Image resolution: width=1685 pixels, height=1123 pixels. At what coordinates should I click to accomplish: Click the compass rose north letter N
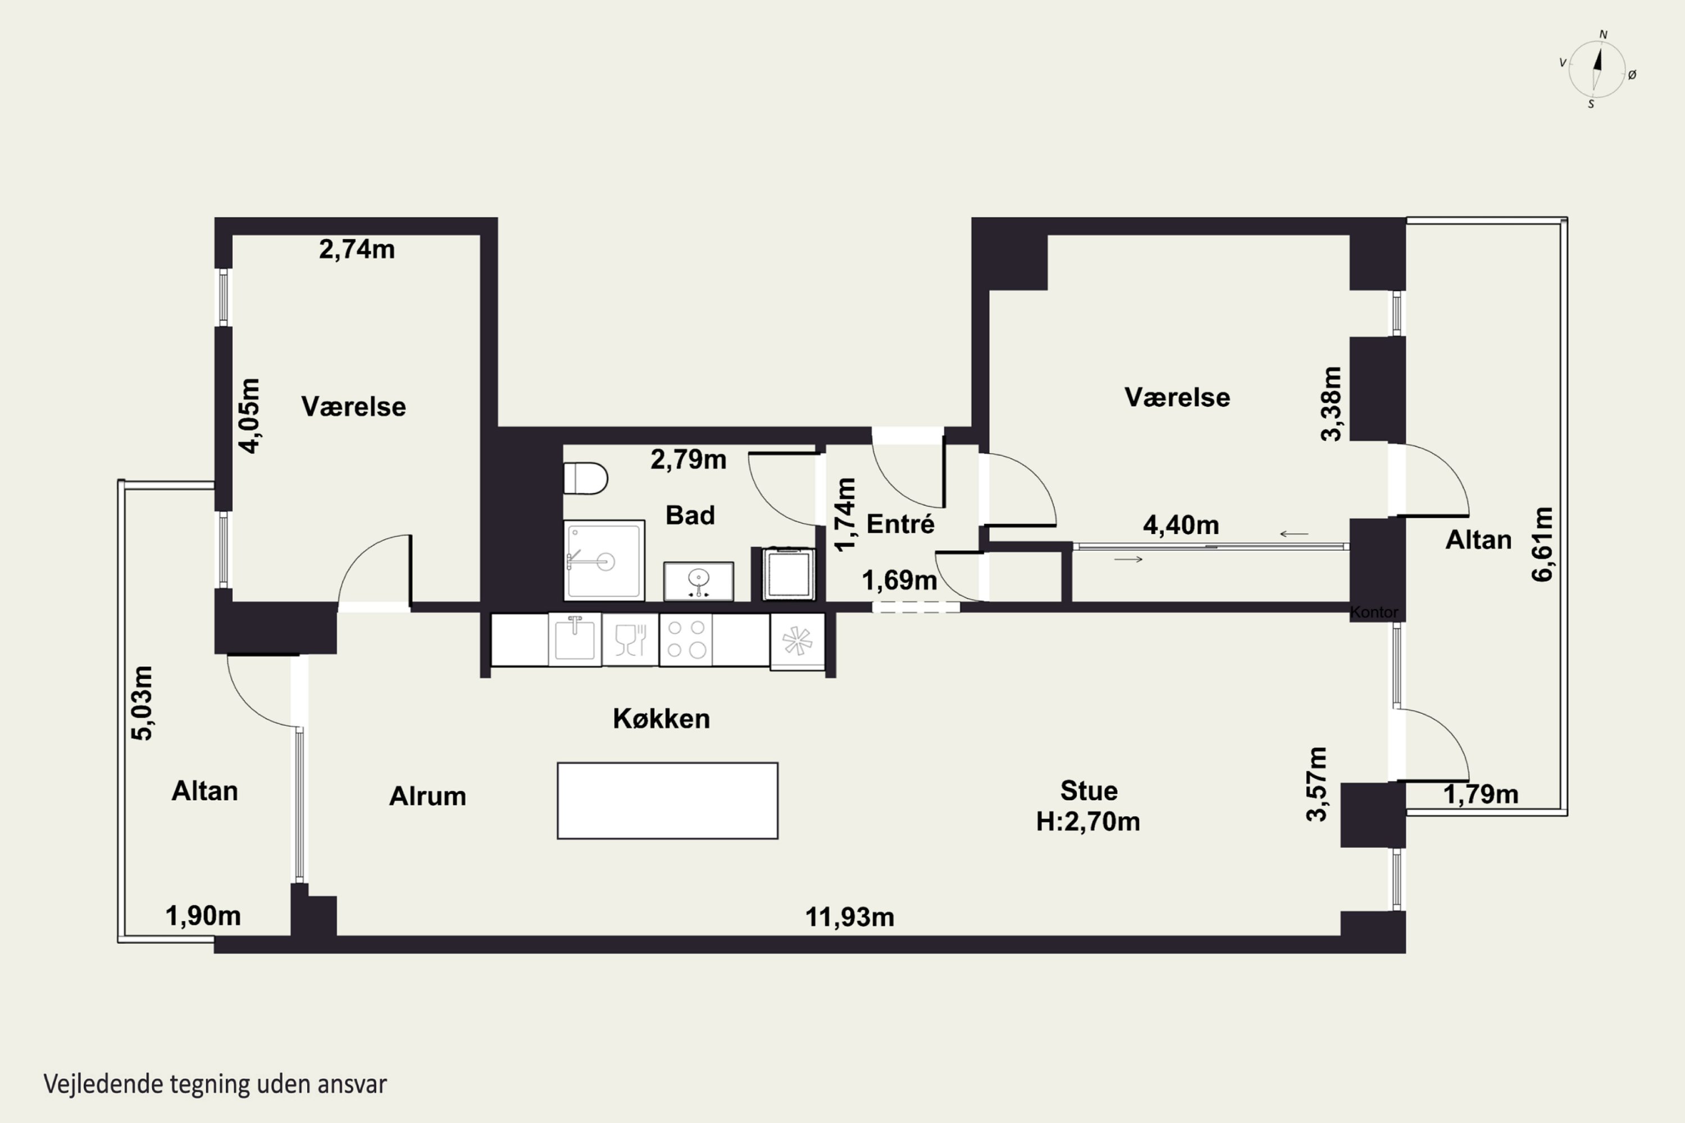click(1604, 34)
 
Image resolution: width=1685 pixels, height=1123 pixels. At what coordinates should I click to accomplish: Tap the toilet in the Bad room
click(585, 478)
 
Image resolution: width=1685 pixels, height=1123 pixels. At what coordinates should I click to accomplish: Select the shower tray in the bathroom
click(604, 560)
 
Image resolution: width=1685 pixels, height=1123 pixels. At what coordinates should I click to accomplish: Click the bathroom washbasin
click(699, 581)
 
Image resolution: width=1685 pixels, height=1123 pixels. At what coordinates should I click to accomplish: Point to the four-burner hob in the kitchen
click(686, 640)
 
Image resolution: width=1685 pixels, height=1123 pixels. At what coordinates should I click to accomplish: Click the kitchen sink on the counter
click(575, 639)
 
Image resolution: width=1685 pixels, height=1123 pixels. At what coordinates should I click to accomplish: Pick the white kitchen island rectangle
click(668, 801)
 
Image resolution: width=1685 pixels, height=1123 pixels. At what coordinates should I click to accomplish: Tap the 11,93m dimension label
click(850, 917)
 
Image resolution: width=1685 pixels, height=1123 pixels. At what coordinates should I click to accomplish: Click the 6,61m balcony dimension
click(1542, 544)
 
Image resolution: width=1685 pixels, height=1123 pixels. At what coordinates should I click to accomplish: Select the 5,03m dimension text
click(142, 702)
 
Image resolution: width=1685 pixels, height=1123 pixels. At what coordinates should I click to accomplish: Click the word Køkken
click(661, 718)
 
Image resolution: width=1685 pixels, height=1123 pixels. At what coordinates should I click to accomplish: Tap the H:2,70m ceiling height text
click(1089, 821)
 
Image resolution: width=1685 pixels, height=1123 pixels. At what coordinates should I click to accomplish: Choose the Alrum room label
click(427, 796)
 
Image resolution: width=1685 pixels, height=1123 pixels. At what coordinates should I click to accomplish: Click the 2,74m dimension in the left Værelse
click(357, 249)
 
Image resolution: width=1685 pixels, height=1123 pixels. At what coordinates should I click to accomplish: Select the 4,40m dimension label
click(1181, 525)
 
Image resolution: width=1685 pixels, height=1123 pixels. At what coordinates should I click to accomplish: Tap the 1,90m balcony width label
click(203, 915)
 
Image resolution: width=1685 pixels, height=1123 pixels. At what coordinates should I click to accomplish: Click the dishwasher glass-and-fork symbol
click(630, 640)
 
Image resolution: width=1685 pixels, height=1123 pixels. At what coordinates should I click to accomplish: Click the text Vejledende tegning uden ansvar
click(215, 1084)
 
